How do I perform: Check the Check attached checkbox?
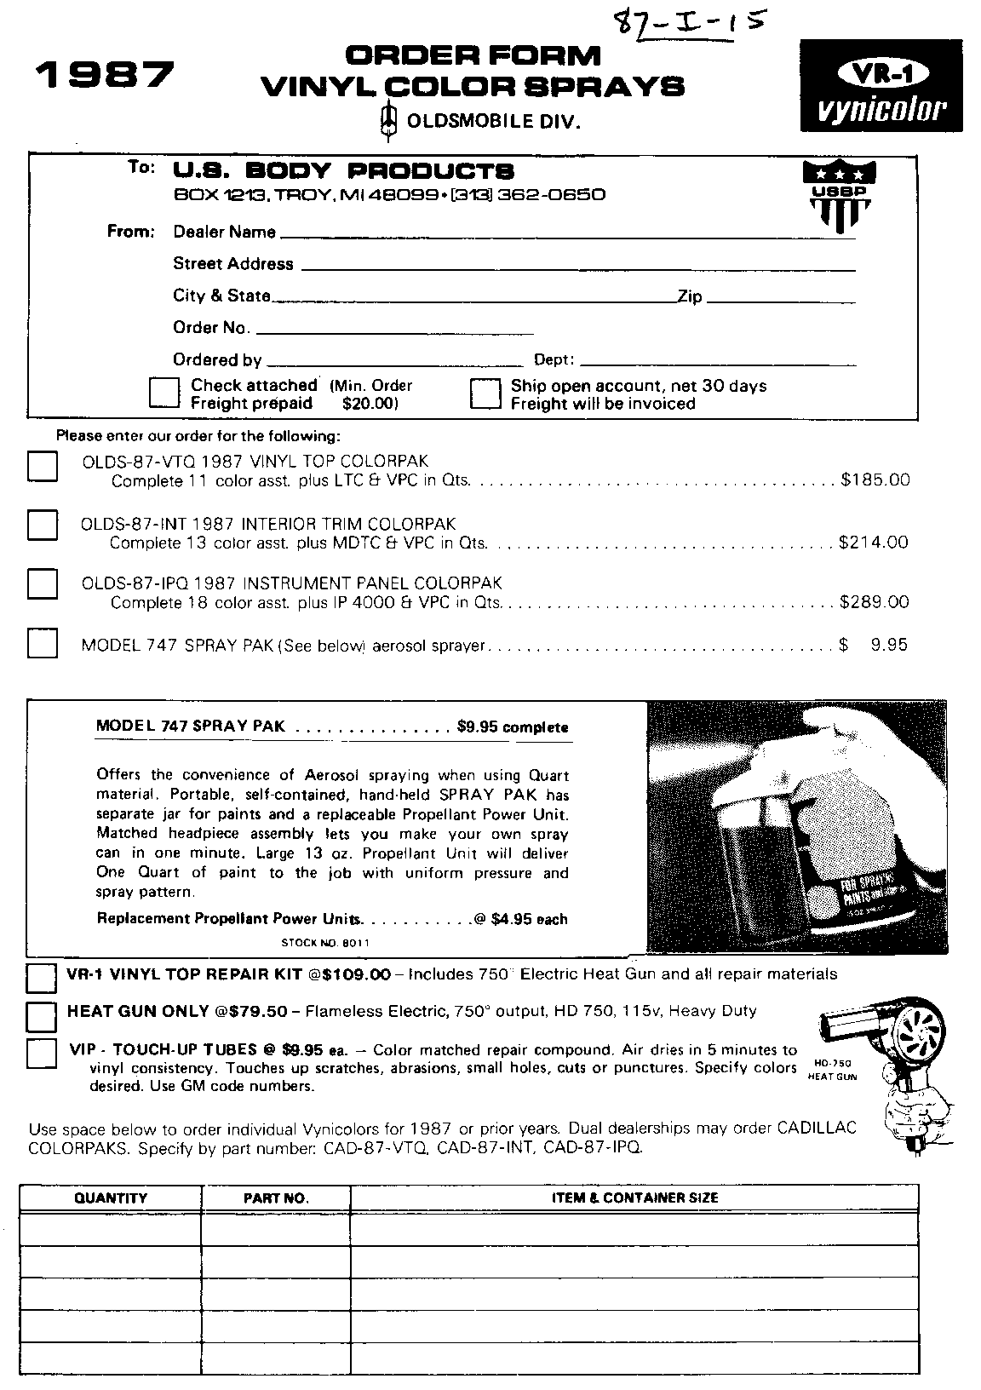click(x=163, y=393)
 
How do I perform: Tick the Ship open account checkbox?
click(x=485, y=393)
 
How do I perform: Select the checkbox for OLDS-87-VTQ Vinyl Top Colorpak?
click(x=43, y=468)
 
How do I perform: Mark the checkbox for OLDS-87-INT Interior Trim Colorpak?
click(x=43, y=525)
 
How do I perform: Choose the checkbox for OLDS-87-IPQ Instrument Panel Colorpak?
click(x=43, y=583)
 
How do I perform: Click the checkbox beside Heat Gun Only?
click(x=41, y=1016)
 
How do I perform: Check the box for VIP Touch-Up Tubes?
click(x=41, y=1053)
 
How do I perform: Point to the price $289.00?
click(x=874, y=602)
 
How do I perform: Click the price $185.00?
click(x=875, y=480)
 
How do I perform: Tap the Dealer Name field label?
click(x=224, y=232)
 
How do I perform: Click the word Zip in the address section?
click(x=689, y=296)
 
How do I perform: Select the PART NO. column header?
click(x=276, y=1198)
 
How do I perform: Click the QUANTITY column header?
click(x=111, y=1198)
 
